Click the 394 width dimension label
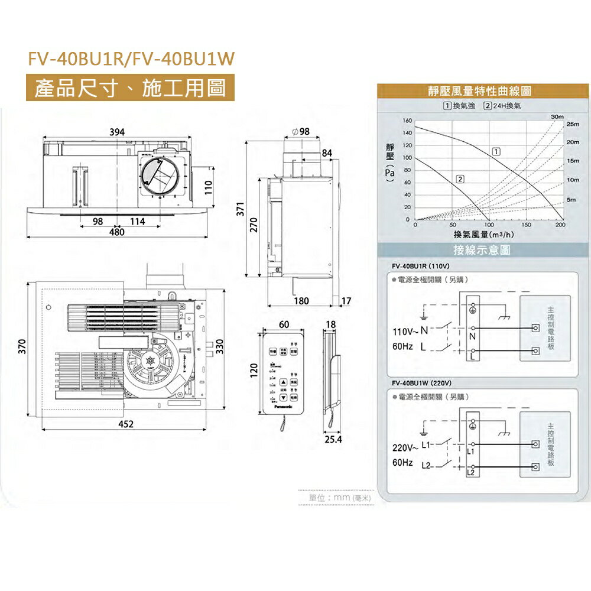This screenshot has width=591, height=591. point(116,132)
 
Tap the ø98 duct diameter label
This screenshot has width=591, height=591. point(300,131)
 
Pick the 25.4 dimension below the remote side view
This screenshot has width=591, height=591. point(333,440)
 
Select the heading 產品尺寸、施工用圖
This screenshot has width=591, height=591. point(130,89)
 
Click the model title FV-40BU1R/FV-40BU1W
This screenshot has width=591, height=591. point(132,59)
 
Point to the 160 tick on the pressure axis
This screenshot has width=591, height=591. point(407,121)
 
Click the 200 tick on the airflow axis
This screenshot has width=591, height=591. point(560,226)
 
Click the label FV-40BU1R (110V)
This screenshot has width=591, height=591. point(421,265)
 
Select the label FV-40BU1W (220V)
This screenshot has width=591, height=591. point(422,382)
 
